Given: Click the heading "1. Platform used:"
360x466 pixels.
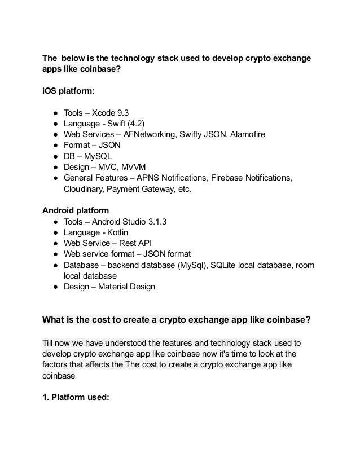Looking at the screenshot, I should coord(74,397).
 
